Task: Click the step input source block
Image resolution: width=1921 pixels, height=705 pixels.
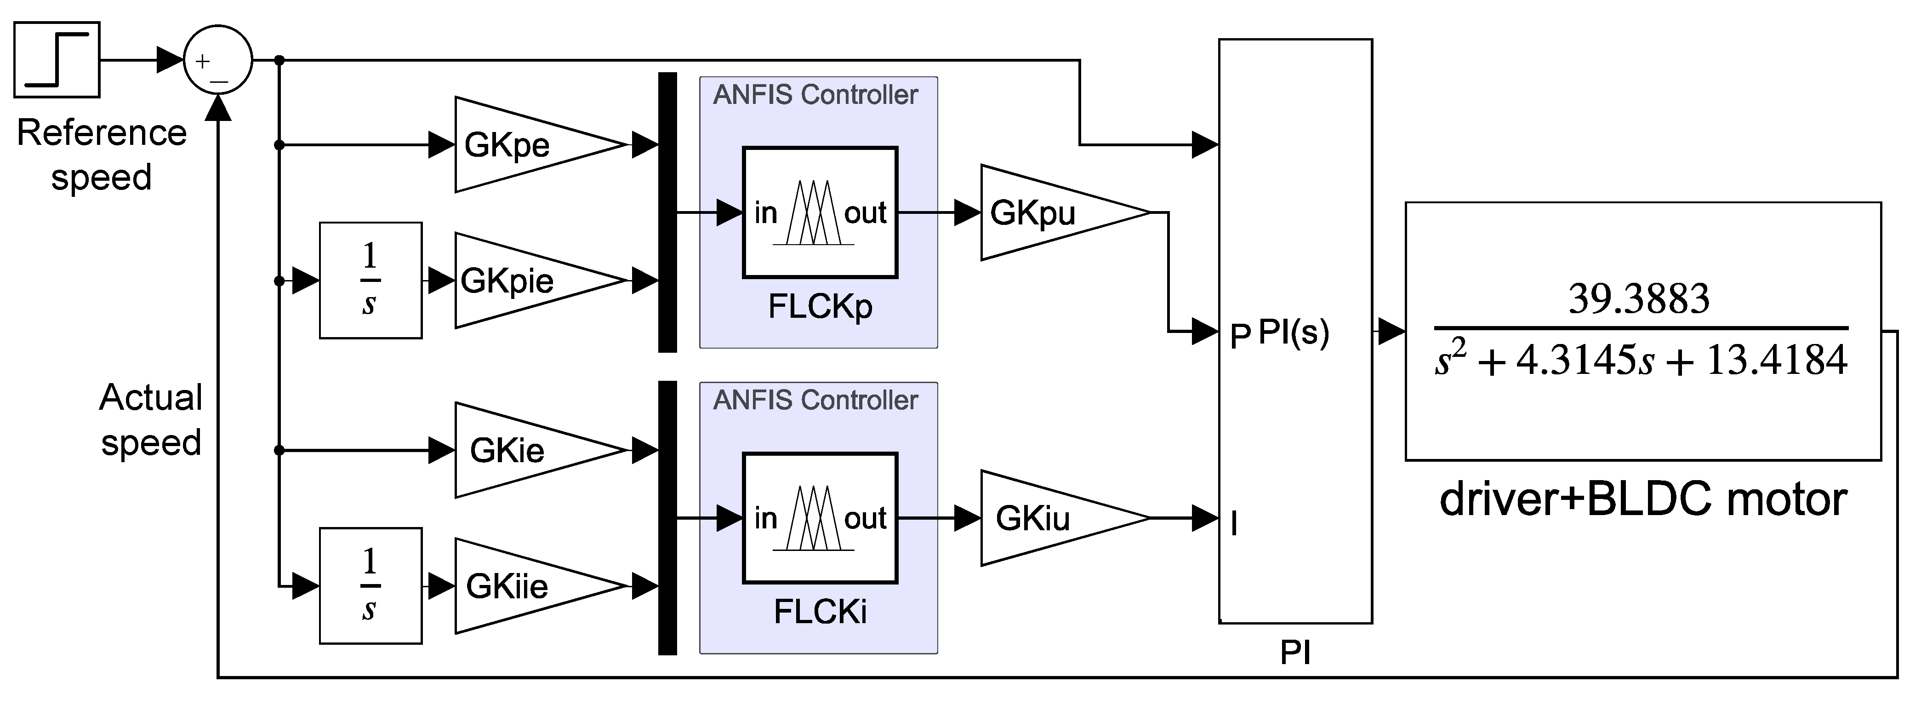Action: click(x=57, y=60)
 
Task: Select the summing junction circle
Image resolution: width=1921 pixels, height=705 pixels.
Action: click(x=218, y=60)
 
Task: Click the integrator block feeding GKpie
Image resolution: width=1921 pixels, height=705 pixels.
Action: click(x=371, y=281)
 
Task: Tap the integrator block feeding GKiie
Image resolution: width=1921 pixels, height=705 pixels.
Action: click(x=371, y=585)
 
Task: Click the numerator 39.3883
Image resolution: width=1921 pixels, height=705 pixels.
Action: click(x=1638, y=299)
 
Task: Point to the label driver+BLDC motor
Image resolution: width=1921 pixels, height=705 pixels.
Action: click(x=1643, y=499)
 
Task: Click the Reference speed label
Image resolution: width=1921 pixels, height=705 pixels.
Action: click(x=102, y=155)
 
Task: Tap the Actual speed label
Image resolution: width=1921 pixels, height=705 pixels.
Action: click(x=151, y=420)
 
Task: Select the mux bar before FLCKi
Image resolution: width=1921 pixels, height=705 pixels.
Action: click(x=667, y=518)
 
